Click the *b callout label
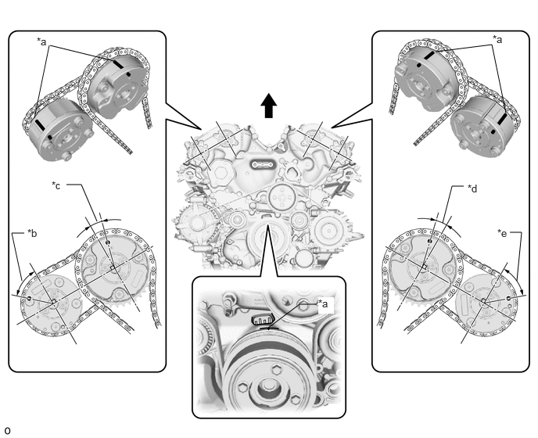click(x=32, y=233)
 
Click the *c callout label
click(x=56, y=185)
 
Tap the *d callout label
click(x=472, y=188)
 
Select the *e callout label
click(x=502, y=233)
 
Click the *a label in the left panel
click(x=41, y=41)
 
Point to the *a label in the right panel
click(x=497, y=40)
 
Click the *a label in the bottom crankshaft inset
click(x=323, y=303)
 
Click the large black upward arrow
click(x=269, y=106)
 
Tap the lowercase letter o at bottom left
click(x=7, y=430)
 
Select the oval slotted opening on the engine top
click(x=264, y=165)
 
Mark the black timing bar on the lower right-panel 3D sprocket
click(x=502, y=119)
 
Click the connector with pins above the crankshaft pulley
click(x=263, y=320)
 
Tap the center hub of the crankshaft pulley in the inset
click(x=268, y=389)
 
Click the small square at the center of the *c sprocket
click(x=113, y=267)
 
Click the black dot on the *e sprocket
click(x=509, y=299)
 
